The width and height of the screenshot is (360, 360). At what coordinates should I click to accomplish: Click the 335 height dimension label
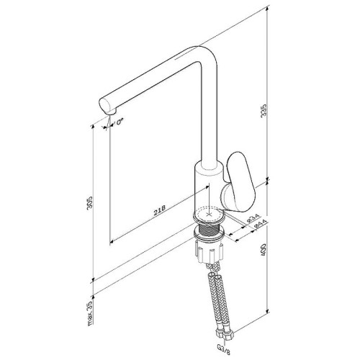click(264, 110)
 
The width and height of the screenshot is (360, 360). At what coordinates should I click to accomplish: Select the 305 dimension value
click(89, 203)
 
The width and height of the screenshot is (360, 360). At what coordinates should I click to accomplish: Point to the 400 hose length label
click(264, 250)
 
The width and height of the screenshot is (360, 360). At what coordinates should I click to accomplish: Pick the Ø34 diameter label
click(253, 219)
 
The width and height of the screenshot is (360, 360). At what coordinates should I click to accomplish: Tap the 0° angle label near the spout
click(120, 122)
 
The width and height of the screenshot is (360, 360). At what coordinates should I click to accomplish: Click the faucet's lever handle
click(240, 181)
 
